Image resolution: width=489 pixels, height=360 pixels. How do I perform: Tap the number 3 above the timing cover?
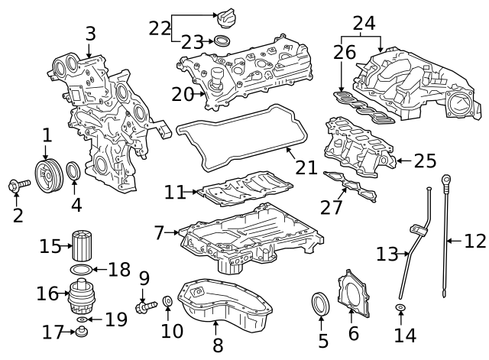tap(90, 34)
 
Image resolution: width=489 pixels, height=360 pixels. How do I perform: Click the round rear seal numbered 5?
tap(322, 303)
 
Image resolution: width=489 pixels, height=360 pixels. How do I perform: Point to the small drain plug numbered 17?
tap(80, 332)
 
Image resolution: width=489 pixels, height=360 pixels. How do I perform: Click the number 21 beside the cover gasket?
tap(306, 166)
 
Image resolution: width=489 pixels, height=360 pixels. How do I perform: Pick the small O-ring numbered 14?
tap(400, 308)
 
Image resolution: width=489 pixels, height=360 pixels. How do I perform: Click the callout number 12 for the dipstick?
tap(475, 242)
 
